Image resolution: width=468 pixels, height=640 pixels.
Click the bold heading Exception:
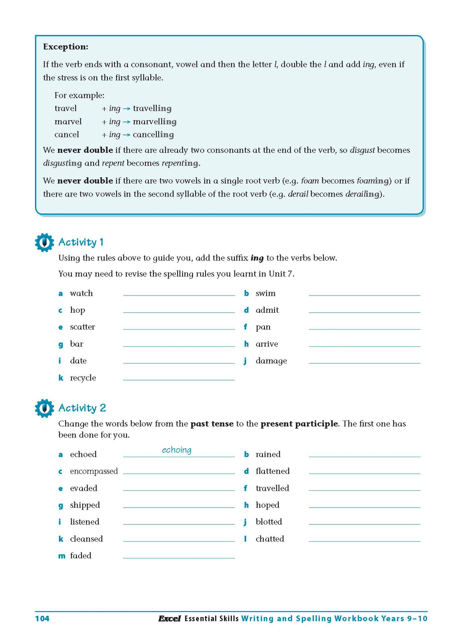click(x=65, y=47)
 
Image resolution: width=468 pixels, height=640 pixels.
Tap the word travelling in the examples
click(x=152, y=108)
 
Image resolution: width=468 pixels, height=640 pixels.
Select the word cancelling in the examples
click(x=153, y=135)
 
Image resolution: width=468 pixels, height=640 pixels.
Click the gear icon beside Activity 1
click(x=44, y=242)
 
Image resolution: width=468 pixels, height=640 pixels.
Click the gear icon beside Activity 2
click(x=44, y=408)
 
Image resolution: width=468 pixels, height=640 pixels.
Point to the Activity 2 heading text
click(x=82, y=408)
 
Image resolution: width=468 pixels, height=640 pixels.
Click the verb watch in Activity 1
click(x=81, y=293)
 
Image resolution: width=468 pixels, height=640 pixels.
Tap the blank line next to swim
click(x=364, y=293)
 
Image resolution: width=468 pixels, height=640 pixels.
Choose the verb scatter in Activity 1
click(x=83, y=327)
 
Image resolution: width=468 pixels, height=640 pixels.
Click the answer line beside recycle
click(x=179, y=377)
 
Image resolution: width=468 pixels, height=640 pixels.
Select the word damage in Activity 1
click(x=271, y=361)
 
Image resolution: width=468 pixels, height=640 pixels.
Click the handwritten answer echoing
click(x=177, y=450)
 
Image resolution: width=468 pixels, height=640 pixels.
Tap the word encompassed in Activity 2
click(x=94, y=471)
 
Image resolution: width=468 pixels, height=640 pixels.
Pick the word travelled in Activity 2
click(x=272, y=488)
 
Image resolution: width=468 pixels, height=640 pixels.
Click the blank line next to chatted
click(x=364, y=539)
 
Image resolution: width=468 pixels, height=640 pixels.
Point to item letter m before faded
click(x=62, y=556)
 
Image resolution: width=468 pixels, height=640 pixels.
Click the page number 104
click(x=42, y=619)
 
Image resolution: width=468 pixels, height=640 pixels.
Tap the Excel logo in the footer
click(x=169, y=619)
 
